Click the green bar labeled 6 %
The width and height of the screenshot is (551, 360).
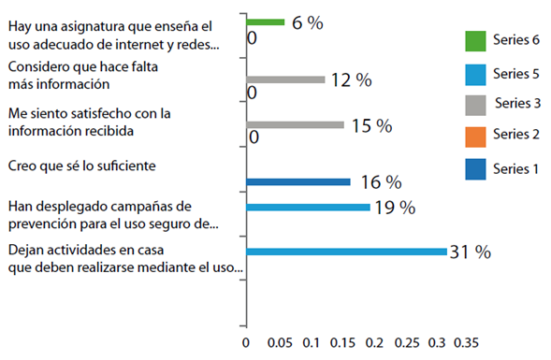coord(266,22)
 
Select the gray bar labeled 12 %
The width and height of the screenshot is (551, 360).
coord(285,79)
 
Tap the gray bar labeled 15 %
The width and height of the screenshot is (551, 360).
coord(295,124)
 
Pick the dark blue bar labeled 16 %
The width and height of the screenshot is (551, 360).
coord(298,181)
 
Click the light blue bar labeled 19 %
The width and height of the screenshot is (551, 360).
coord(308,207)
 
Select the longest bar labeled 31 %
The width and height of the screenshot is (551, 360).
coord(346,251)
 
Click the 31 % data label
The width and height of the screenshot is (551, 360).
coord(471,252)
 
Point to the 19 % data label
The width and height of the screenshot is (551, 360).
coord(396,208)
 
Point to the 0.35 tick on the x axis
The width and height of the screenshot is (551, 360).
coord(466,342)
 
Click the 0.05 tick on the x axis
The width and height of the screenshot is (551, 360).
coord(279,342)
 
